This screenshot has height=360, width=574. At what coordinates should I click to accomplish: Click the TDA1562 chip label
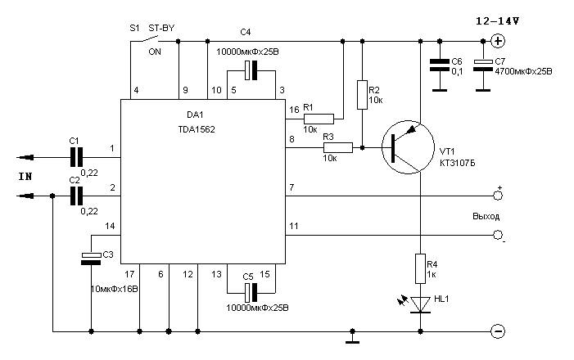[197, 129]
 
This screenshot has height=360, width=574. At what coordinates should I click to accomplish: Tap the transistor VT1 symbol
[408, 147]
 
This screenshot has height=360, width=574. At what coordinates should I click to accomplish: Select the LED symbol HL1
[420, 304]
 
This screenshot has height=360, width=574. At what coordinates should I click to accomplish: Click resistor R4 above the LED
[420, 268]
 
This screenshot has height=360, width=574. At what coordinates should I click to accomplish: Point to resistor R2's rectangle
[362, 95]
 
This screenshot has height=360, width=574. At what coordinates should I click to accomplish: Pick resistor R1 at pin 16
[319, 119]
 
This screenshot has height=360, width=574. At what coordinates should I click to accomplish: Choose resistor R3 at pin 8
[338, 148]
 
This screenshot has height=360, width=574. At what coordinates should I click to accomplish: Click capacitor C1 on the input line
[76, 157]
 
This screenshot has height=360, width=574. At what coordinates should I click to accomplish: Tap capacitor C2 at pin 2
[76, 196]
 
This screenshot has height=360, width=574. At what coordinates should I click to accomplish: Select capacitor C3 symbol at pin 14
[91, 258]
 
